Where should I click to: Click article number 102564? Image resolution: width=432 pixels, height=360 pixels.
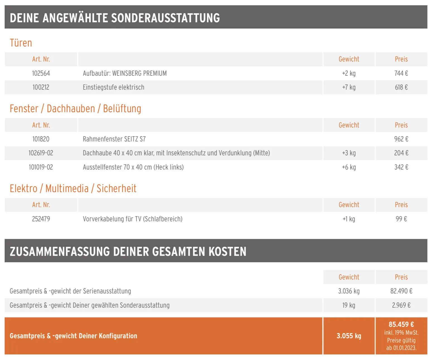[x=41, y=74]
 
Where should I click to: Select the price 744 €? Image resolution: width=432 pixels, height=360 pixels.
[x=401, y=74]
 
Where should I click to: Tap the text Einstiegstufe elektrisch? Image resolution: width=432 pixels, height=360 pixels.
[x=113, y=87]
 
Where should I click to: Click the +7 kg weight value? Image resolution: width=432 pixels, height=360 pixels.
[x=349, y=87]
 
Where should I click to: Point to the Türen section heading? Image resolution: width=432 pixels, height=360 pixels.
[x=21, y=43]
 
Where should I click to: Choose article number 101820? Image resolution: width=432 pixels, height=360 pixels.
[x=41, y=139]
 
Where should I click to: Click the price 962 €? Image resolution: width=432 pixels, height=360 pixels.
[x=401, y=139]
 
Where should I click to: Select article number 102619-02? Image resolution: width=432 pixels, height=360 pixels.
[x=41, y=153]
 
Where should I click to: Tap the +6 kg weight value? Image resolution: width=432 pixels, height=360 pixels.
[x=349, y=167]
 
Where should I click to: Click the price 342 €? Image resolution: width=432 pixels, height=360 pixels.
[x=401, y=167]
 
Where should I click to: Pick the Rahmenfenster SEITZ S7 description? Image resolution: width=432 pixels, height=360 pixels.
[x=114, y=139]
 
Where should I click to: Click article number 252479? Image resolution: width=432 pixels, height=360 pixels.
[x=41, y=219]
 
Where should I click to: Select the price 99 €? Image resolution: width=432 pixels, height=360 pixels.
[x=401, y=219]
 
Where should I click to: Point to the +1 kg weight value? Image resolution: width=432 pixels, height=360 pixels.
[x=349, y=219]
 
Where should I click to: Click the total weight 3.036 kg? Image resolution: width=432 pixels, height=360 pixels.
[x=349, y=291]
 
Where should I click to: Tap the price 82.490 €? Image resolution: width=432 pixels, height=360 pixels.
[x=401, y=291]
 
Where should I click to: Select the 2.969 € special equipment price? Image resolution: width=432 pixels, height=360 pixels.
[x=401, y=305]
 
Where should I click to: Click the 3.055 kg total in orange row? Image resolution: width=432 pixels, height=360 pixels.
[x=349, y=336]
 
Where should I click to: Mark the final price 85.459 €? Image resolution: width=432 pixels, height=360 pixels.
[x=401, y=325]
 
